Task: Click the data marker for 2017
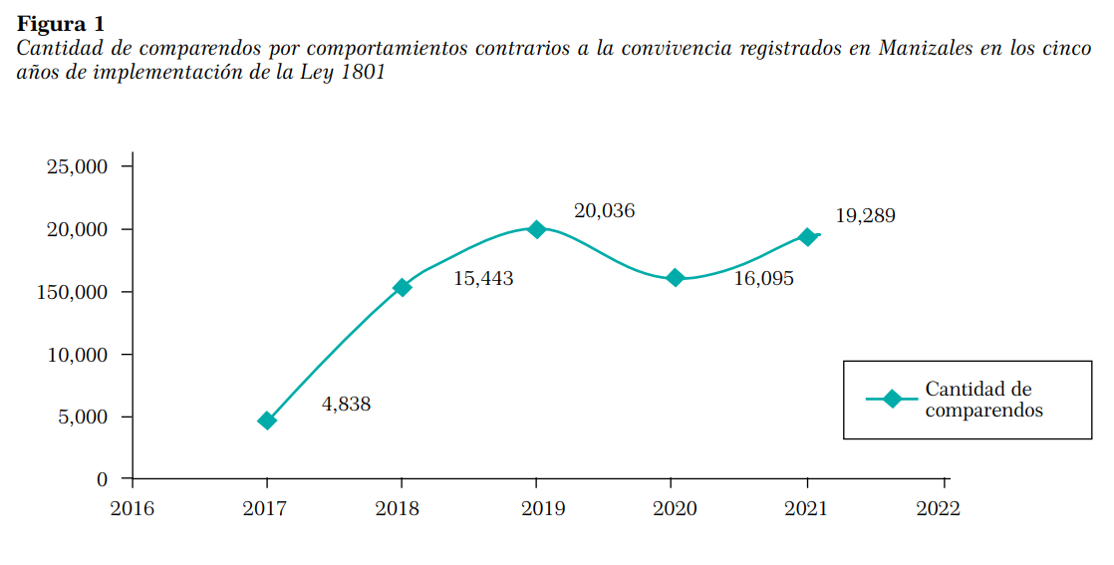[x=266, y=421]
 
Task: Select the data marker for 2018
[x=403, y=287]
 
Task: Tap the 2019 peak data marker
[x=537, y=229]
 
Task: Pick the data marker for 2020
[x=675, y=278]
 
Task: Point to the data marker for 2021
[x=807, y=237]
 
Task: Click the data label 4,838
[x=346, y=405]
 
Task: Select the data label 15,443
[x=483, y=279]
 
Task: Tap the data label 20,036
[x=604, y=211]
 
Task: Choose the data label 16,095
[x=763, y=279]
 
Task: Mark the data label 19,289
[x=865, y=216]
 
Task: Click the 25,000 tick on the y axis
[x=77, y=166]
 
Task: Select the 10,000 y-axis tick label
[x=77, y=355]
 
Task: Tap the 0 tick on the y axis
[x=102, y=479]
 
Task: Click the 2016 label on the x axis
[x=132, y=508]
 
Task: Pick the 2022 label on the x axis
[x=938, y=508]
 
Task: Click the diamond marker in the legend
[x=892, y=399]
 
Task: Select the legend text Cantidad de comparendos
[x=982, y=399]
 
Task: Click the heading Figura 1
[x=60, y=23]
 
